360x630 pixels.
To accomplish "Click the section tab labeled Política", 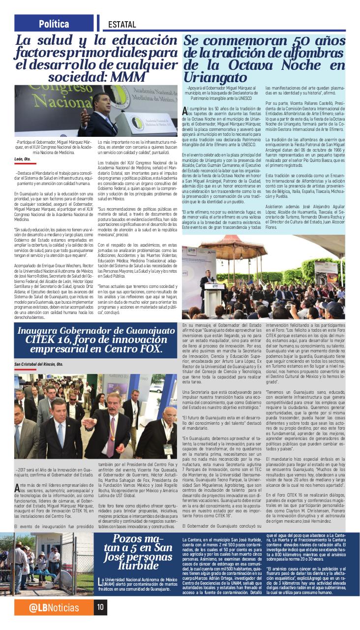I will [x=54, y=23].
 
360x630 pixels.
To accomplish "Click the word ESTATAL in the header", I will [x=122, y=24].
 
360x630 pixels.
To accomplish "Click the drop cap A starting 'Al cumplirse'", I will [x=184, y=109].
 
